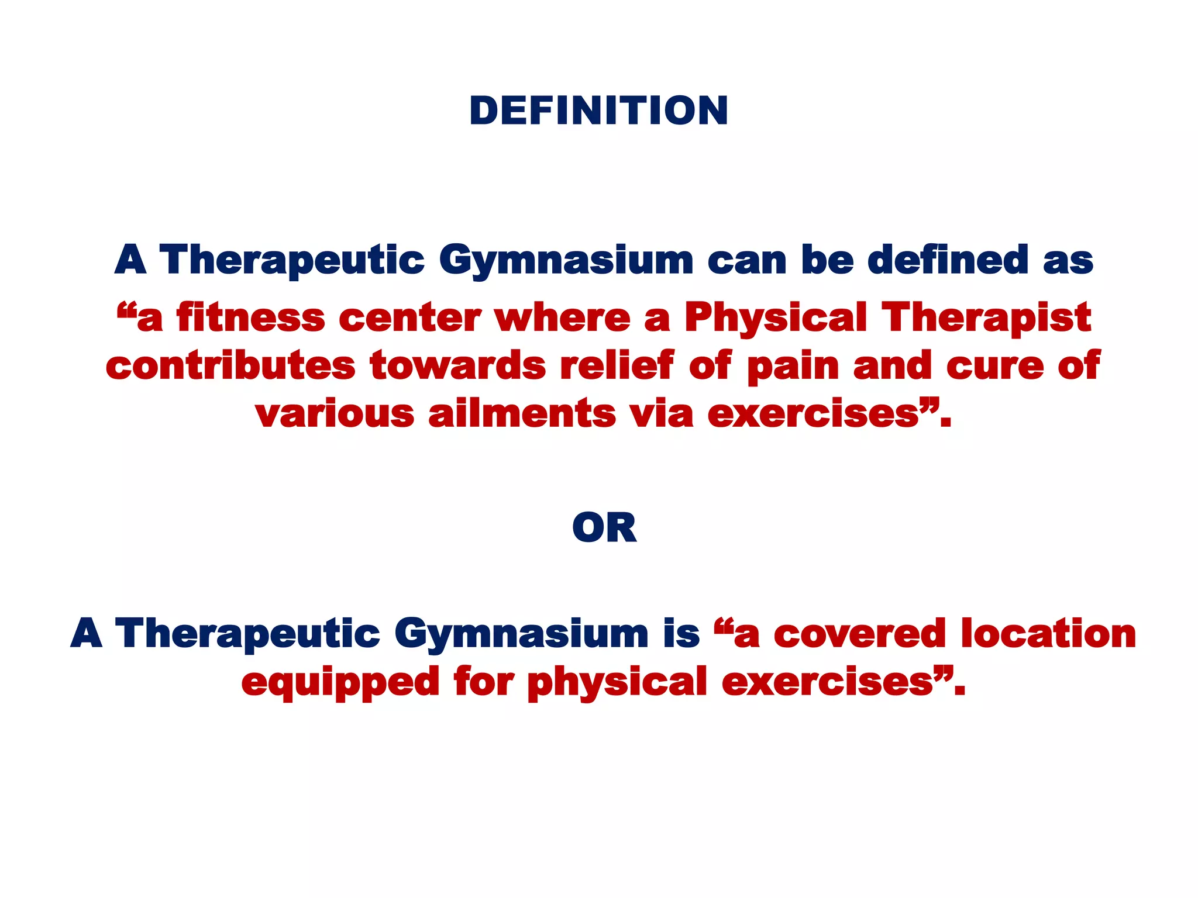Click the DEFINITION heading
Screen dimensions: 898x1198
pos(598,110)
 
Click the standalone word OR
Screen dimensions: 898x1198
pos(604,528)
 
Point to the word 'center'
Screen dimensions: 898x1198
pos(409,319)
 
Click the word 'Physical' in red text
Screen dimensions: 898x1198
pos(776,319)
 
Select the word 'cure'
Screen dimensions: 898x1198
pos(995,366)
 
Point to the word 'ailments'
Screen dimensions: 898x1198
pos(522,413)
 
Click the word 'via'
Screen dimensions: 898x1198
pos(662,413)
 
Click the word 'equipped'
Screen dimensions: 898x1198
pos(340,683)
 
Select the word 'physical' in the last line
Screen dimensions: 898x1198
pos(617,683)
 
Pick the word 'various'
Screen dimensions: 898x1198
pos(335,413)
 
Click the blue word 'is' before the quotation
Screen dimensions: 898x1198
pos(681,634)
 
